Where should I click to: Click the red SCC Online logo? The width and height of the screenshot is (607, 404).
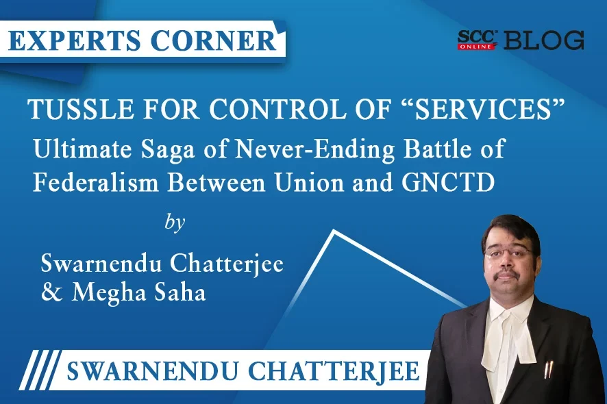477,40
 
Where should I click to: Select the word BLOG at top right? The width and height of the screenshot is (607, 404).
543,40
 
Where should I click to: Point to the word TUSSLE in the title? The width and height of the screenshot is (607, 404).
81,110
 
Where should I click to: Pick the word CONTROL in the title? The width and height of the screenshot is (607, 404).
277,110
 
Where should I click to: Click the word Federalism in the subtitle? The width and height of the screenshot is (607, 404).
96,182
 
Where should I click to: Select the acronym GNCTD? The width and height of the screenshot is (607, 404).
448,182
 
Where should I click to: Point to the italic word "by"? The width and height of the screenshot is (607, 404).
175,223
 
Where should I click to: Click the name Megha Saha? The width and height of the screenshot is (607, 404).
138,292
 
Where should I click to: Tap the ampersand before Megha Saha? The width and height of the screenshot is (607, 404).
51,292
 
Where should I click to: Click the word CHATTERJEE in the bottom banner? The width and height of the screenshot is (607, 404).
334,370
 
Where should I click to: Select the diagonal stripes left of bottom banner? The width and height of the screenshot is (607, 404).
40,370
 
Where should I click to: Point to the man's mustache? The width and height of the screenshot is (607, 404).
508,274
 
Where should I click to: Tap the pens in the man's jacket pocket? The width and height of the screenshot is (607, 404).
549,369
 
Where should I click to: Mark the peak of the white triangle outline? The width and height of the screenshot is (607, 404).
334,231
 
